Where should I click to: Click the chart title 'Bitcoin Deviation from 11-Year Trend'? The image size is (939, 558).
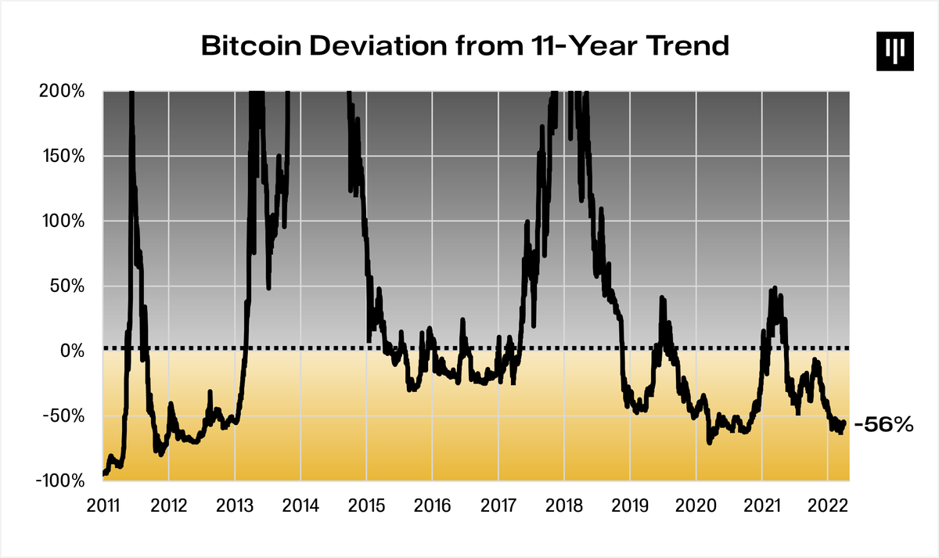click(465, 45)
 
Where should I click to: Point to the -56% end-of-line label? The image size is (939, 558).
click(884, 425)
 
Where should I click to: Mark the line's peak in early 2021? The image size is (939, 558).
click(774, 288)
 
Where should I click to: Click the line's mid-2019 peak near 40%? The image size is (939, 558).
click(662, 297)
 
